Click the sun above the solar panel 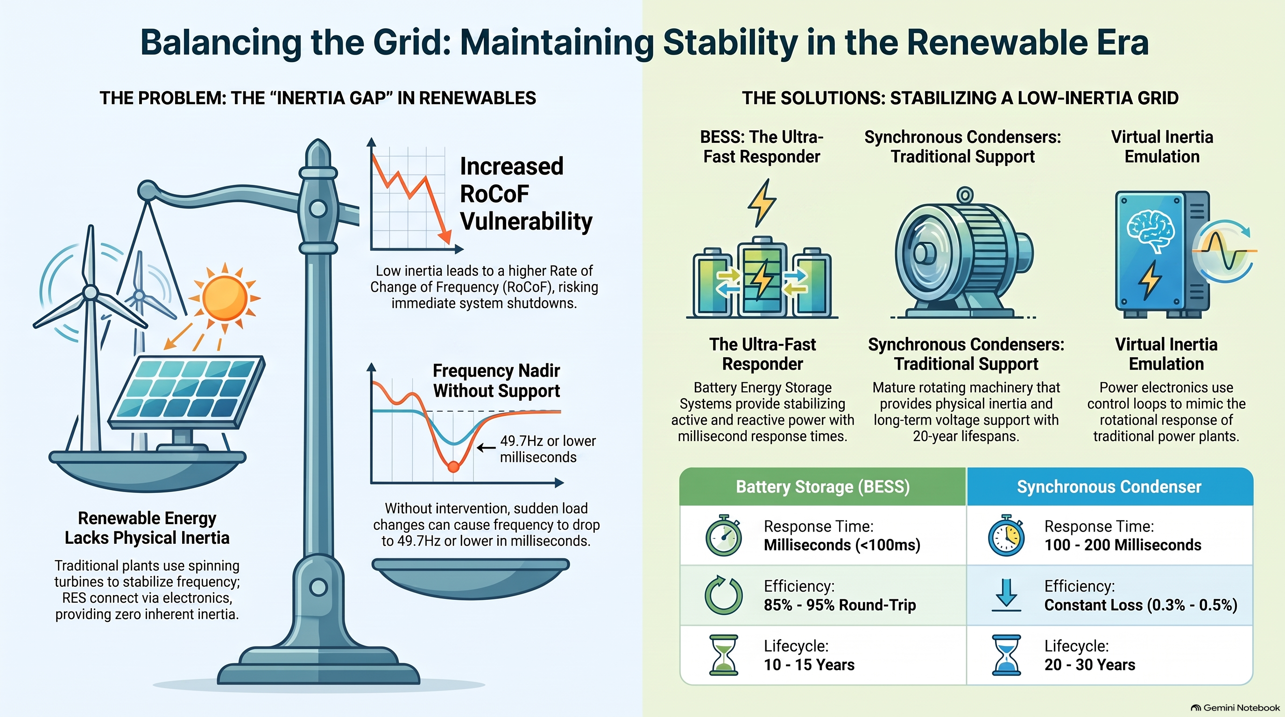tap(225, 298)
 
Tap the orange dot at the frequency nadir tap(453, 467)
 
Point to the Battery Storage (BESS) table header tap(823, 487)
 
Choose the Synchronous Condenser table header tap(1109, 487)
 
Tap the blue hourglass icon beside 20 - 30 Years tap(1006, 654)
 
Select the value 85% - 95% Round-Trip tap(840, 605)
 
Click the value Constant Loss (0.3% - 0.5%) tap(1141, 605)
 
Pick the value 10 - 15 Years tap(809, 665)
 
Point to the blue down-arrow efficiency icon tap(1006, 595)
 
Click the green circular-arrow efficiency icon tap(723, 595)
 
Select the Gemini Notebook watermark tap(1235, 708)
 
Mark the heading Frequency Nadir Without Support tap(496, 380)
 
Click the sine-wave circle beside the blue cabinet tap(1225, 251)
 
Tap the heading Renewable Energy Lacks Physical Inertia tap(147, 528)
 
